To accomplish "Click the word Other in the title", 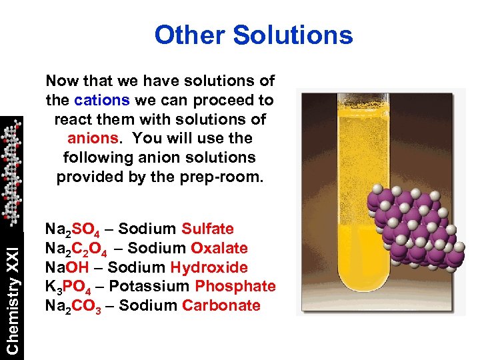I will (186, 35).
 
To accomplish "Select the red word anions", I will (91, 139).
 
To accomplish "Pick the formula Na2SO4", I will (73, 230).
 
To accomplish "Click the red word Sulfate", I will (207, 229).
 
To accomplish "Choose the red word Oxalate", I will (219, 248).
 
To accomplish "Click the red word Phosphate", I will (235, 286).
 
